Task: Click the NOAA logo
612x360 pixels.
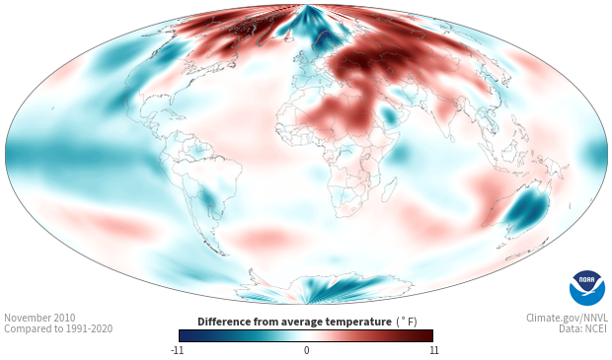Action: coord(587,288)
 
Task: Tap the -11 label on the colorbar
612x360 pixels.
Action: coord(177,350)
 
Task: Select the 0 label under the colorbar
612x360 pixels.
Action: coord(306,350)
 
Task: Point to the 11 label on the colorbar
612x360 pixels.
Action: coord(434,350)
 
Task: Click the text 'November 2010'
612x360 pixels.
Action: coord(39,318)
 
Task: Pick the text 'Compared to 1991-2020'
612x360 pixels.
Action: coord(58,328)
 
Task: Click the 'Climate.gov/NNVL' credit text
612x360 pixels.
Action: coord(567,318)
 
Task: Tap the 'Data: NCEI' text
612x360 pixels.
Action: coord(583,328)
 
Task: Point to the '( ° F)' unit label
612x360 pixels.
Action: coord(407,322)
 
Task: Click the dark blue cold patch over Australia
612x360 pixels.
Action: coord(527,209)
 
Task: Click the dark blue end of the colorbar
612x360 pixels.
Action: coord(185,335)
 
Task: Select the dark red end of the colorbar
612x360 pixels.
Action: coord(427,335)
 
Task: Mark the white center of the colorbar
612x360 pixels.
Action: coord(306,335)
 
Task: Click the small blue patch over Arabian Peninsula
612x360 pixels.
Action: coord(389,115)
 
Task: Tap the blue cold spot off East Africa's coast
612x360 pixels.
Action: coord(400,153)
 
